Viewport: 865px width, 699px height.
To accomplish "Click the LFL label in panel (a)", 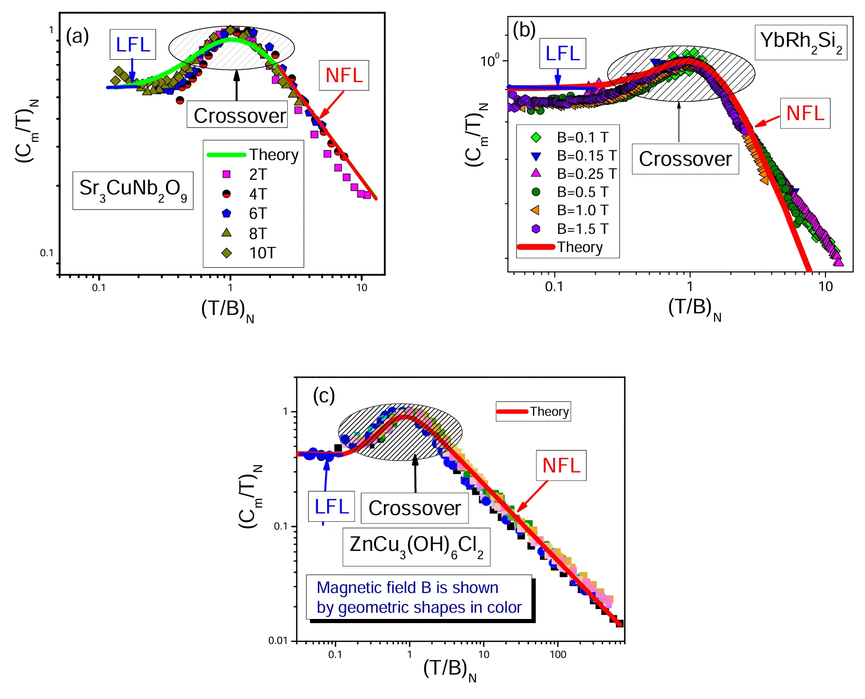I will (133, 45).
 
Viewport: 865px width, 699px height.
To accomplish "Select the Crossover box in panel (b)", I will (685, 159).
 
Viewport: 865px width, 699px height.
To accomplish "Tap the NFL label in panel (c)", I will (561, 465).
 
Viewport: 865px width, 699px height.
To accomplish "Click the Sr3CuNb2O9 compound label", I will (133, 190).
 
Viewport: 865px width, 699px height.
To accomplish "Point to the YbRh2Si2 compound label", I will (801, 42).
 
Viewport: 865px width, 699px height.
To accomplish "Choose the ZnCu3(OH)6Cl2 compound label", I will (416, 547).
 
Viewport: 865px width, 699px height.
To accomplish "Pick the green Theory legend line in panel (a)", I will (227, 155).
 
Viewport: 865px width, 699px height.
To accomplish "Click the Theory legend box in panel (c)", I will (533, 412).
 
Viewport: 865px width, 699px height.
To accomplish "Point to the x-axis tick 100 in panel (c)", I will (558, 655).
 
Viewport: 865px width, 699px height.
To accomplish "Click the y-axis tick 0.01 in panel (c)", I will (278, 641).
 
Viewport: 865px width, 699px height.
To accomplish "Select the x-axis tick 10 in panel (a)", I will (362, 287).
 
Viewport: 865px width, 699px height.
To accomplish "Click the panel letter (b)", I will (524, 30).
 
